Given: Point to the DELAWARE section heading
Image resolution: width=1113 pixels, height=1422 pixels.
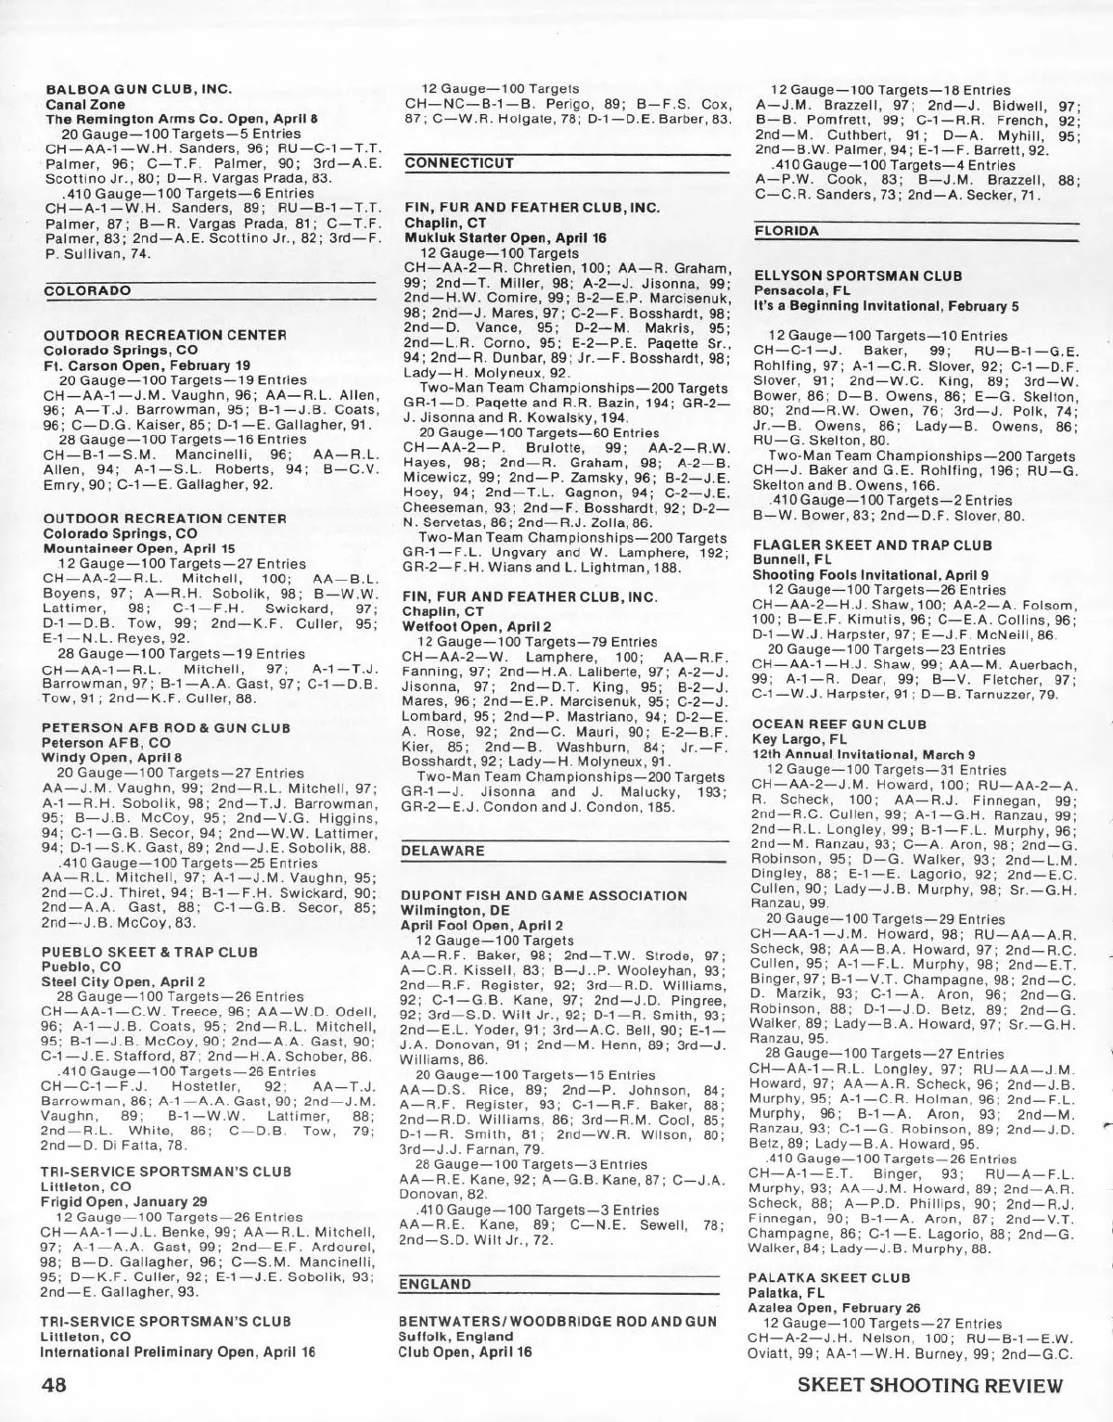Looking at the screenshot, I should tap(442, 851).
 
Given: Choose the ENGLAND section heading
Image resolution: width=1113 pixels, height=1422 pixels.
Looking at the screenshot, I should tap(434, 1284).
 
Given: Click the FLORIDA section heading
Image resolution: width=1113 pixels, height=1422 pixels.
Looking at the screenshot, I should tap(787, 230).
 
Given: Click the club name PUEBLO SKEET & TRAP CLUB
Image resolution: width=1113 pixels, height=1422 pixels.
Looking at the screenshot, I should tap(149, 952).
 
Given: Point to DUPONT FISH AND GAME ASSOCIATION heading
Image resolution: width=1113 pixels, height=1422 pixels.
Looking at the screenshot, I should tap(544, 895).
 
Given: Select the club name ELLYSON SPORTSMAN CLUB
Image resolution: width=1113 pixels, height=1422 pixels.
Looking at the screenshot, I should tap(858, 275).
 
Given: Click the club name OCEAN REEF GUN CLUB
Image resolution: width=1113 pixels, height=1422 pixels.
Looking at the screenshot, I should tap(839, 724).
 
